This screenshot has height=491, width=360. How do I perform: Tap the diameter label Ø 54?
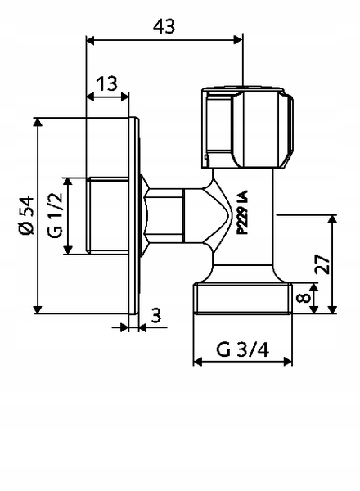point(26,215)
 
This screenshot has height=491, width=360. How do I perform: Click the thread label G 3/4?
point(242,349)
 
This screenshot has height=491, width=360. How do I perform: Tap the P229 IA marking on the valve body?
point(242,214)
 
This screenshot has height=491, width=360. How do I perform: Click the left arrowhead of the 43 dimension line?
point(89,39)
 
